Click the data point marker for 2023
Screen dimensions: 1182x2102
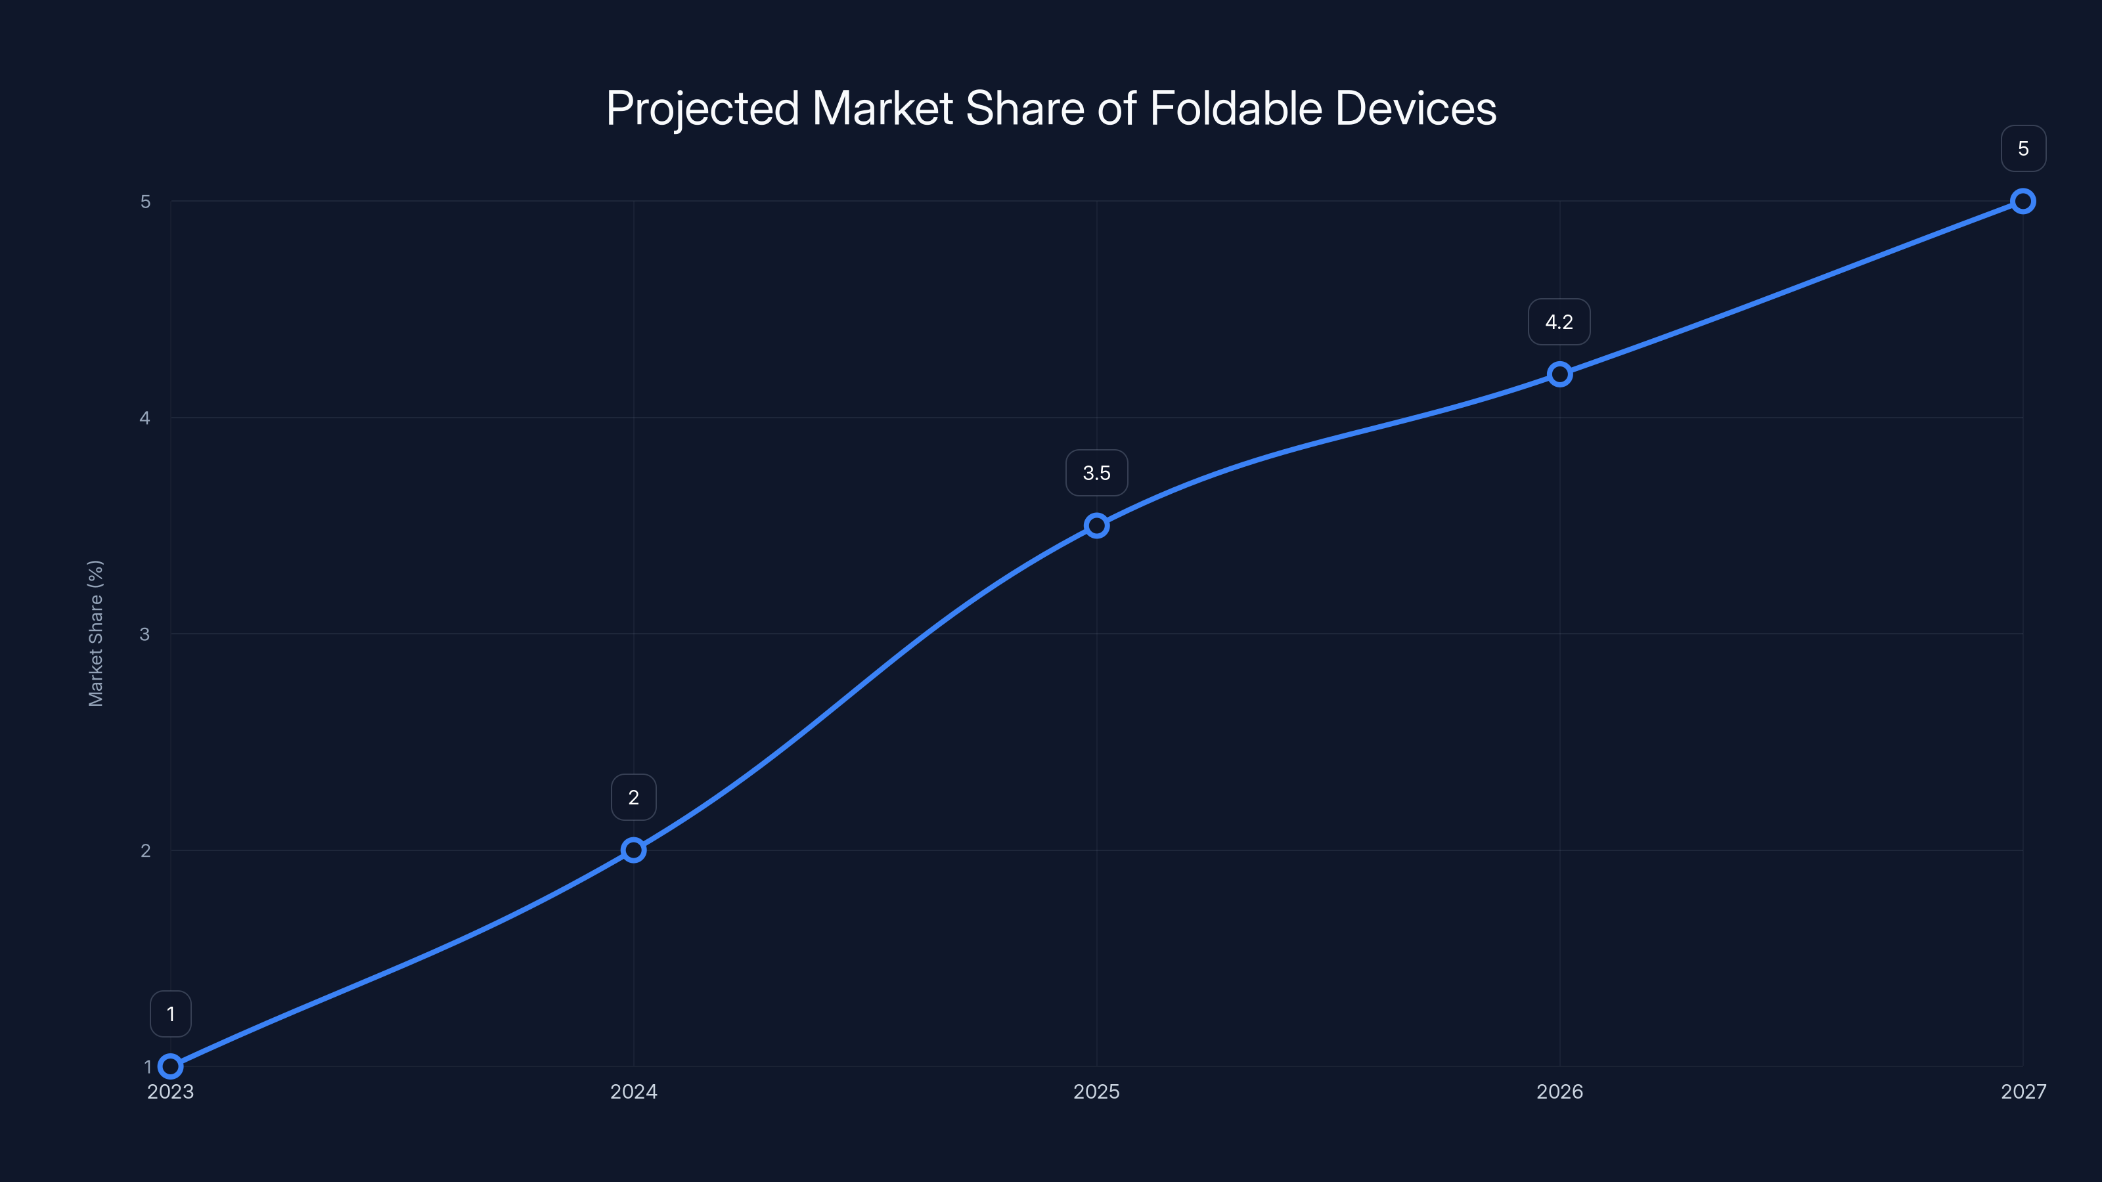171,1066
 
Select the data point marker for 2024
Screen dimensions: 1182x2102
633,850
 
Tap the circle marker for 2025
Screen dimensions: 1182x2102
1097,525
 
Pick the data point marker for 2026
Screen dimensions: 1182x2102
1559,374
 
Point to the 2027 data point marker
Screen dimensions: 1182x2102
2023,202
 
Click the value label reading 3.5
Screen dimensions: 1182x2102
1097,473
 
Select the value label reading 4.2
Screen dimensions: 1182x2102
1559,322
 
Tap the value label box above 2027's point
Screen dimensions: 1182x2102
2023,148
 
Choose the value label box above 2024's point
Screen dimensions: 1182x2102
633,797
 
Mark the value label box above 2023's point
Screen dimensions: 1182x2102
171,1014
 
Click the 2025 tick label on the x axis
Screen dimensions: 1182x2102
1097,1091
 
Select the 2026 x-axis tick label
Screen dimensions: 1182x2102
1559,1091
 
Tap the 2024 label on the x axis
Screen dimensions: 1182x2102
633,1091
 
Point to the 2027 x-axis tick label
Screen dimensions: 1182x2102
2023,1091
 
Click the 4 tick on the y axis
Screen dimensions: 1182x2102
145,418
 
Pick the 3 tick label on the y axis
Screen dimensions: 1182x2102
145,634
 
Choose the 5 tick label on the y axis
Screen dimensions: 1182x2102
145,202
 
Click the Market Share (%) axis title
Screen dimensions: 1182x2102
95,633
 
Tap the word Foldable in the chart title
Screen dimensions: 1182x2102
1236,108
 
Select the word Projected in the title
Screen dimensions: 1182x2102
702,108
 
